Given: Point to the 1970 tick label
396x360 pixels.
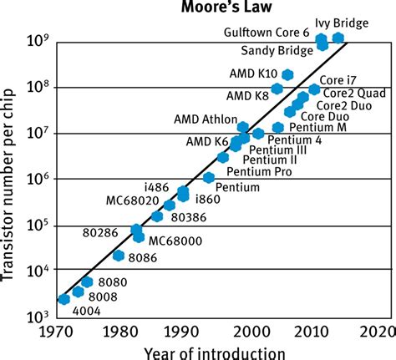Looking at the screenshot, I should [x=57, y=330].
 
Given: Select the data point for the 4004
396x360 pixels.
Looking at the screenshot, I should [x=64, y=299].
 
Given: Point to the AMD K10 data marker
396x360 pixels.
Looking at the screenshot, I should [x=288, y=75].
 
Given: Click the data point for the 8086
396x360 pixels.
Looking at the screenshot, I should [x=119, y=255].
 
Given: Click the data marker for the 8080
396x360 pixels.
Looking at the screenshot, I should [x=87, y=281].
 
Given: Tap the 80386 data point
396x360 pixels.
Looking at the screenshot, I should [x=156, y=216].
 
